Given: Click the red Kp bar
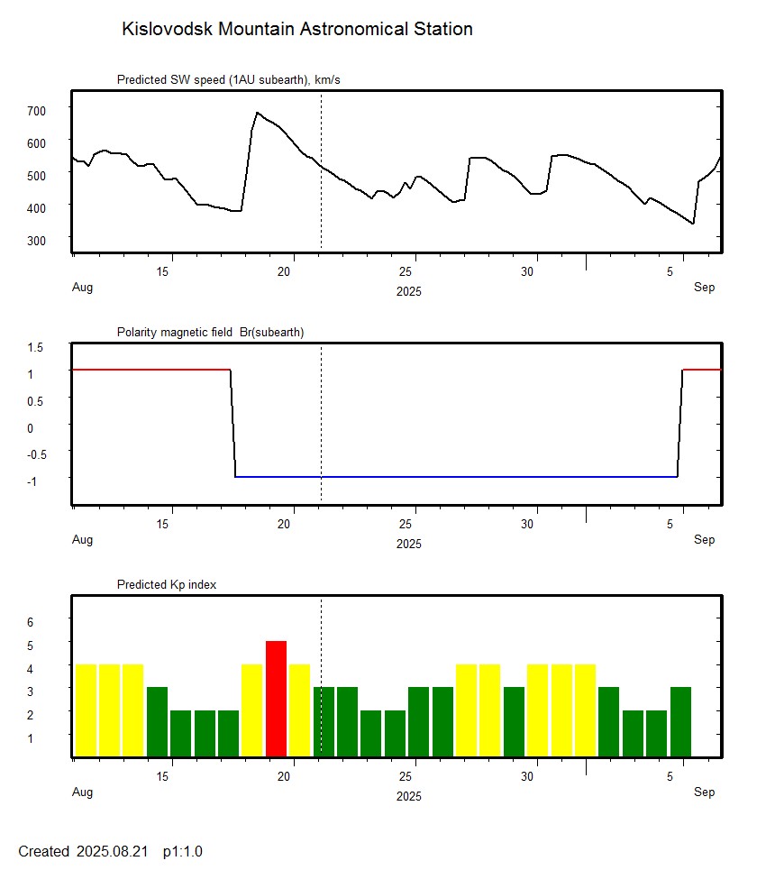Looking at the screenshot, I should click(276, 699).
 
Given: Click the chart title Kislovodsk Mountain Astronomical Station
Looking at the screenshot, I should click(296, 29).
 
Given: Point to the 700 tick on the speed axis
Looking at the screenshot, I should click(36, 110).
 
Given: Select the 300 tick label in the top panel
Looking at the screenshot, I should click(36, 240).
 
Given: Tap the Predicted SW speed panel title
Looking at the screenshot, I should click(228, 80).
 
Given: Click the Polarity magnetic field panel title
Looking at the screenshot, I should click(210, 332).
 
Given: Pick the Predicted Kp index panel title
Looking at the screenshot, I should click(167, 584).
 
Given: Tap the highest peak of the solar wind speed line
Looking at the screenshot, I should click(258, 113).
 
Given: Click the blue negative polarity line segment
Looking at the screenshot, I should click(451, 476).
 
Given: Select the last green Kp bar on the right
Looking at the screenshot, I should click(680, 721).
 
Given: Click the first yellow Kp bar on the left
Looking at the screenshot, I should click(86, 710).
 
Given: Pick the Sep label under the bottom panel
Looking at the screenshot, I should click(704, 792).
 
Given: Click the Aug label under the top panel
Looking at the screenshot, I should click(82, 288).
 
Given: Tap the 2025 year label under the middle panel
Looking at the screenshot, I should click(408, 544).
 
